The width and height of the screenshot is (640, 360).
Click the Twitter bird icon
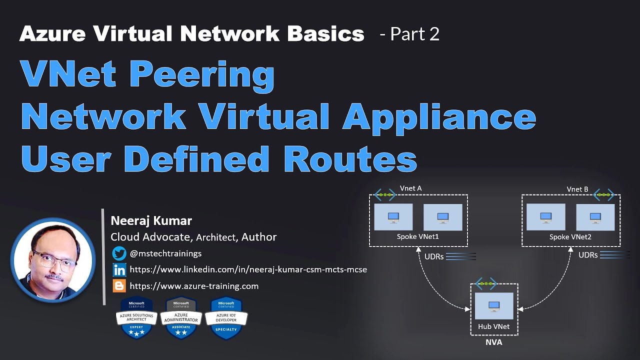tap(119, 253)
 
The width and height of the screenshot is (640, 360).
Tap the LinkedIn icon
tap(119, 270)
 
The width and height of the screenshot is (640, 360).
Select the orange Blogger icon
tap(119, 286)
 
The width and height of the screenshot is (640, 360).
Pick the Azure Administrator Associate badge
tap(180, 318)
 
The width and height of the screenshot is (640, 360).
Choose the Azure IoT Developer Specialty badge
tap(226, 318)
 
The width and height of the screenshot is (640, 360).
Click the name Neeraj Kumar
tap(151, 220)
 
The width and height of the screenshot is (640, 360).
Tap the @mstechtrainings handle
tap(165, 253)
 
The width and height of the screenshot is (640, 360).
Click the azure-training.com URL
tap(194, 286)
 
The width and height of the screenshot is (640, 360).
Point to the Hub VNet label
tap(493, 326)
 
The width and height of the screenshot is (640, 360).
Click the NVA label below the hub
tap(493, 342)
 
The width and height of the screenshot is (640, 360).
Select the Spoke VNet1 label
tap(417, 236)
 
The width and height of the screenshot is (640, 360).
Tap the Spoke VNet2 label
tap(570, 236)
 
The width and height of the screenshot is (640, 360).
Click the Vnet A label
tap(410, 188)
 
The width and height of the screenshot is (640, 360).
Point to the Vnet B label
tap(577, 189)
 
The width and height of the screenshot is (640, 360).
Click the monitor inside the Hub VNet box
tap(494, 305)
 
